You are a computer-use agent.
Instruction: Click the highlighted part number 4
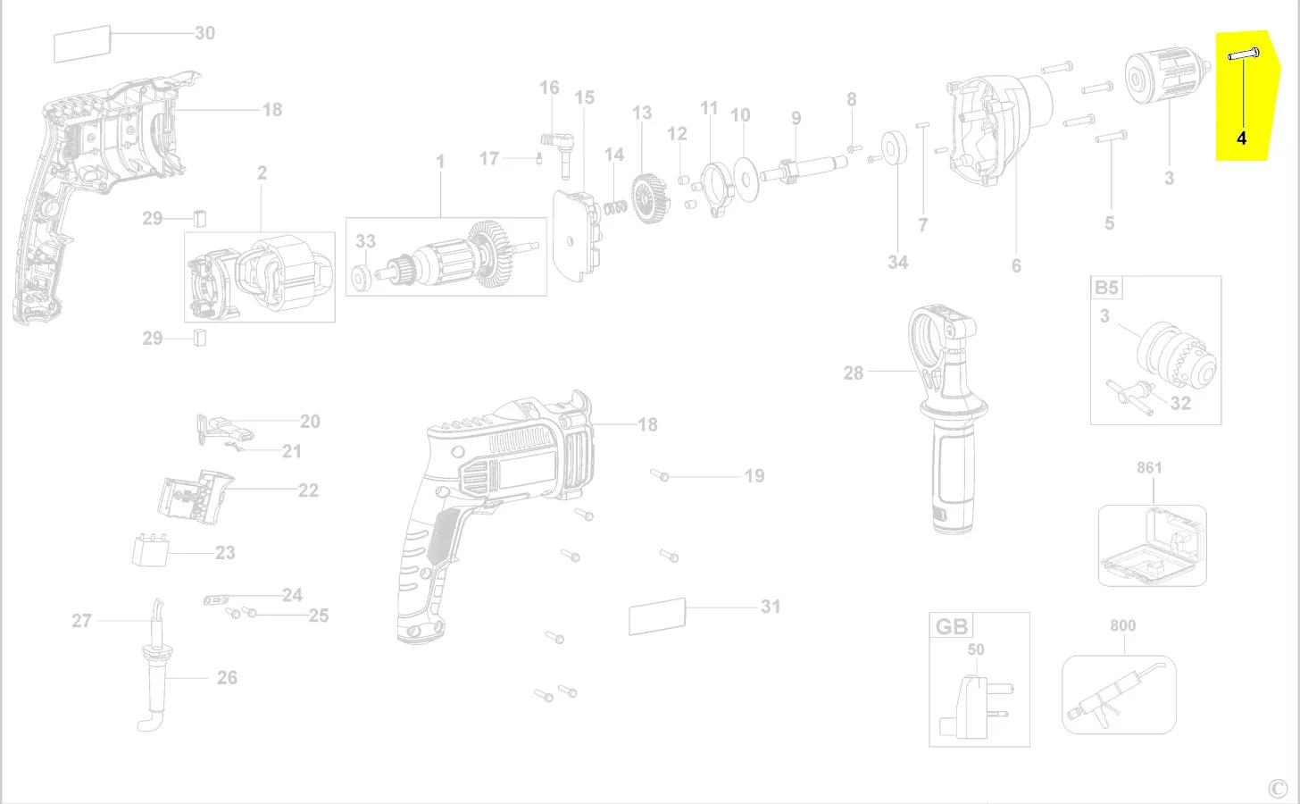(1241, 138)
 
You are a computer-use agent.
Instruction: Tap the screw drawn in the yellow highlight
(1244, 55)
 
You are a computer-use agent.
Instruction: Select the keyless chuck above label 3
(1162, 77)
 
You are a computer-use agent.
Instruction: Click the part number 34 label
(897, 262)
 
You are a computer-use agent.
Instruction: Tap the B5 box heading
(1106, 288)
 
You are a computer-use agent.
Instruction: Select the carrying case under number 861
(1152, 547)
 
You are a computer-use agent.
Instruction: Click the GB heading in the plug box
(951, 626)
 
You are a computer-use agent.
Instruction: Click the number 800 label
(1122, 625)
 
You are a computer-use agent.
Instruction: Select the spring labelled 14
(613, 206)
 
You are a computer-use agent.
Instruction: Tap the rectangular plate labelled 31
(657, 616)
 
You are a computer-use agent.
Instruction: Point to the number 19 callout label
(754, 476)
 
